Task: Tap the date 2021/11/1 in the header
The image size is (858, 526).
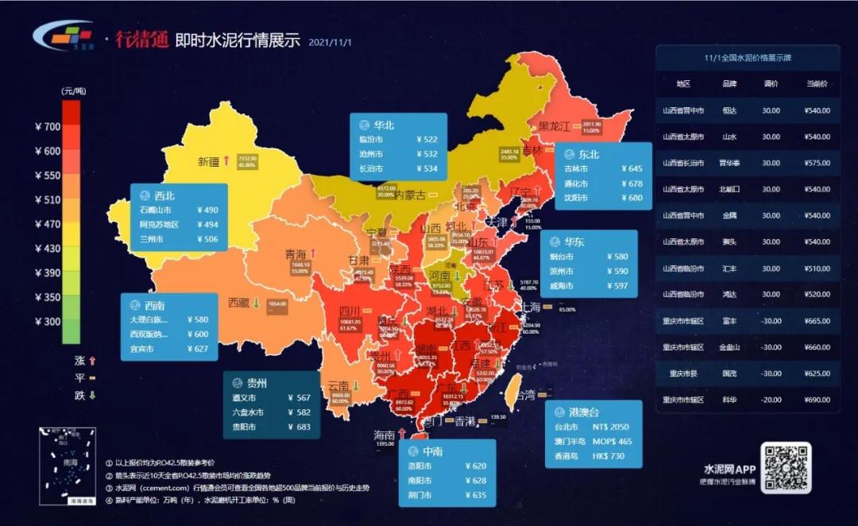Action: click(x=329, y=41)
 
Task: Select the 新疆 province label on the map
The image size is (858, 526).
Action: click(x=208, y=161)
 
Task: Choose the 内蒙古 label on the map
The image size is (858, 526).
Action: click(x=411, y=195)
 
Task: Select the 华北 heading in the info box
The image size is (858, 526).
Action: click(x=384, y=125)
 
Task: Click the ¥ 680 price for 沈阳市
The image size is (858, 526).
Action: click(x=629, y=198)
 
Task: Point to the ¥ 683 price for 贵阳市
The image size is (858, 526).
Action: click(x=299, y=426)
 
